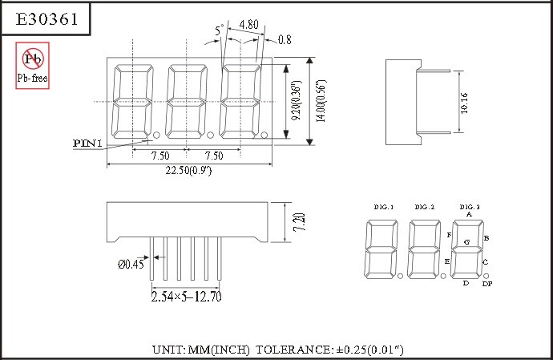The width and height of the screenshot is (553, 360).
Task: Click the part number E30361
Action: [x=46, y=19]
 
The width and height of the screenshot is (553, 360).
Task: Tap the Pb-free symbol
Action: [x=32, y=66]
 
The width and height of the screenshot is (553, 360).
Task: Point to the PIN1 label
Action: [x=87, y=144]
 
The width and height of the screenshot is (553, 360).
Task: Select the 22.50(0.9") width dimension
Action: [x=188, y=170]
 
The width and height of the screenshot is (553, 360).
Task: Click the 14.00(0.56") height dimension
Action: [x=321, y=101]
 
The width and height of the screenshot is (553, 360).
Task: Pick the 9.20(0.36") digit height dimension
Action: [x=297, y=100]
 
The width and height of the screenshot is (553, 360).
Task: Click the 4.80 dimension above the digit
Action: [x=248, y=24]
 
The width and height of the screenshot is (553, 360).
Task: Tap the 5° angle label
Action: [x=220, y=30]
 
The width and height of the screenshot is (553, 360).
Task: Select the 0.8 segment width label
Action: [x=285, y=39]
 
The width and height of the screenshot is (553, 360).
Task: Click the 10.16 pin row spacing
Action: [x=464, y=103]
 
